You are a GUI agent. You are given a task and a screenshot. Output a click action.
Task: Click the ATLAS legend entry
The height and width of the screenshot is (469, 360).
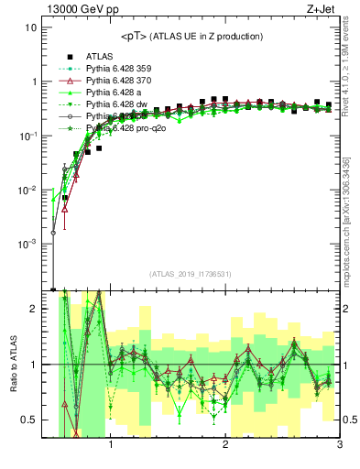point(99,56)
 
